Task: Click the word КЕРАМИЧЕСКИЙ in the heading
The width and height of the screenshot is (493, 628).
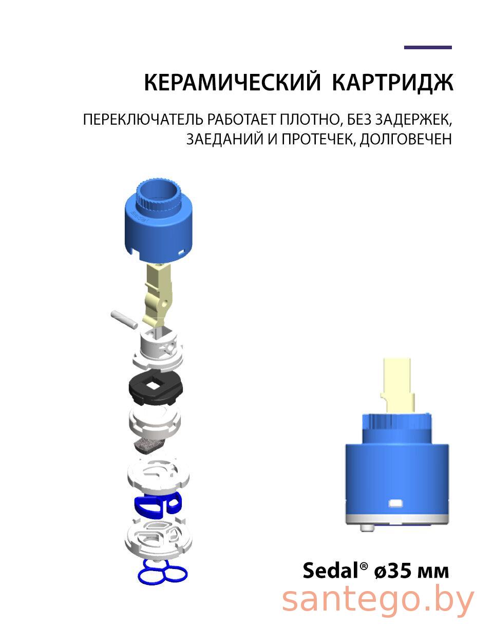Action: pyautogui.click(x=233, y=83)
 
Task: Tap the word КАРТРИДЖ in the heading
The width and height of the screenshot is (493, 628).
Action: pyautogui.click(x=392, y=83)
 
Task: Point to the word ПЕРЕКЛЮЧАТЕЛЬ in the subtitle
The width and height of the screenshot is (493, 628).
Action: pyautogui.click(x=143, y=120)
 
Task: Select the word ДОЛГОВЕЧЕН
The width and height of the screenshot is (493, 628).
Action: pyautogui.click(x=405, y=139)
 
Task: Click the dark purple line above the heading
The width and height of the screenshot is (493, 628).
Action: pyautogui.click(x=428, y=47)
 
